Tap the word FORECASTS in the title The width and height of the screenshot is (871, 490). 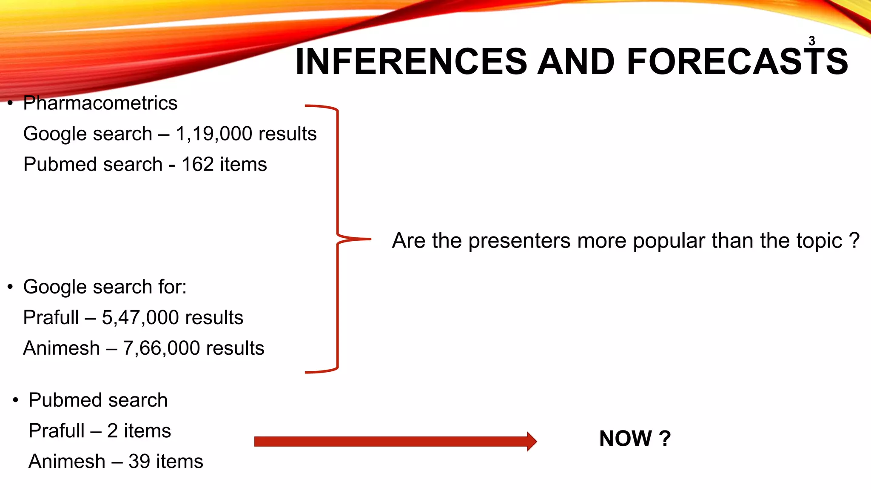tap(737, 62)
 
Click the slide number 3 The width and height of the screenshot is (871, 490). tap(811, 41)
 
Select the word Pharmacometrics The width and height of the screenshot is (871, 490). tap(100, 103)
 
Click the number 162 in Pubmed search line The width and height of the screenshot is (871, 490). tap(197, 165)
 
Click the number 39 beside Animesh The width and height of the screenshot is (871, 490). tap(139, 462)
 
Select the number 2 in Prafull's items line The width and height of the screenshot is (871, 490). tap(112, 431)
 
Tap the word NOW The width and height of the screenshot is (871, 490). tap(625, 439)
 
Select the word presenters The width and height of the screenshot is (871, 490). tap(519, 241)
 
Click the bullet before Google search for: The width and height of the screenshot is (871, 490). tap(11, 287)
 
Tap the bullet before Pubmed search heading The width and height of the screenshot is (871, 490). tap(16, 400)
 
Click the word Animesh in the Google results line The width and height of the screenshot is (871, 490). tap(61, 348)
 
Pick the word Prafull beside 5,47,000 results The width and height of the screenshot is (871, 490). tap(51, 318)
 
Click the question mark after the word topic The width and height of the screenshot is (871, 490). tap(854, 241)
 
